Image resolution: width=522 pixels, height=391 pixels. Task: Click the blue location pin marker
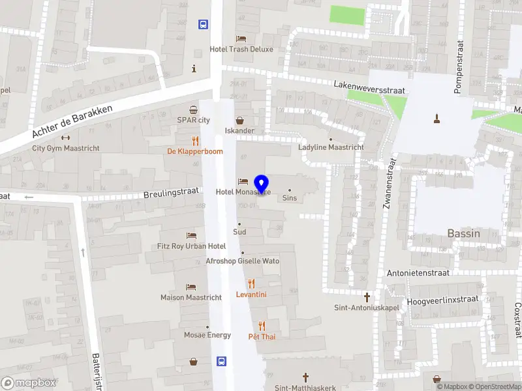261,184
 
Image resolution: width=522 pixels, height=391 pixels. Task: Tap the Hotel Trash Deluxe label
241,49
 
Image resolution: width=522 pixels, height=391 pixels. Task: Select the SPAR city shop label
194,120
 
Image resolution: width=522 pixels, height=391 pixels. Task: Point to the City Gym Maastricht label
65,148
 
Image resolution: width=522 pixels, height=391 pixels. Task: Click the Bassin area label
464,233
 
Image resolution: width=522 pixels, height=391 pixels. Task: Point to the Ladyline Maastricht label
331,147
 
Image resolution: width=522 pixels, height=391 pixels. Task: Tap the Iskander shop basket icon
240,121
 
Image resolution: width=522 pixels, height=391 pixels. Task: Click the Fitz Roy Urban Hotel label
191,246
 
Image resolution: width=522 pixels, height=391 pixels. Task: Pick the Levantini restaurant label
251,295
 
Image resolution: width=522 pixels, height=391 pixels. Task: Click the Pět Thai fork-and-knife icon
262,325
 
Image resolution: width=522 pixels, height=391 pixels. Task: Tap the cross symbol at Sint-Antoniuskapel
367,297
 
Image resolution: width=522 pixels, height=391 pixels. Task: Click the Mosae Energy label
207,335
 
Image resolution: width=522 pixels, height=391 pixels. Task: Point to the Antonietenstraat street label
418,273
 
